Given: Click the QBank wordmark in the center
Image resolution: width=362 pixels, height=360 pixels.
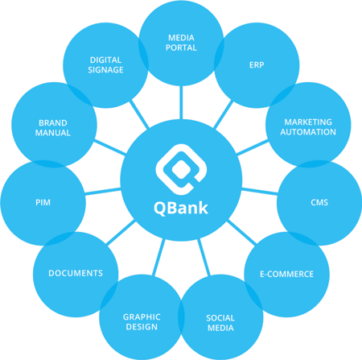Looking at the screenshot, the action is tap(181, 208).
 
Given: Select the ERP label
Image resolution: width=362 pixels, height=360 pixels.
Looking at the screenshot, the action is tap(257, 65).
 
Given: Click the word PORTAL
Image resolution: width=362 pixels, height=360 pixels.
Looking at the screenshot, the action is tap(181, 48).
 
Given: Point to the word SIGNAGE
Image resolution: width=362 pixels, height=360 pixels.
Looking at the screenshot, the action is tap(105, 70).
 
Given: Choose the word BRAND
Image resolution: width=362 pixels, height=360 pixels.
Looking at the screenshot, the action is tap(53, 123).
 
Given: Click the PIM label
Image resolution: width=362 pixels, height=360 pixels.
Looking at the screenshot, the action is tap(43, 202).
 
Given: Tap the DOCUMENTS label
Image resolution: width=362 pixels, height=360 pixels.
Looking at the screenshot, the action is tap(76, 273).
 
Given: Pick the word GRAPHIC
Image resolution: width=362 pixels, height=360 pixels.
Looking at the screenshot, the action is tap(142, 317).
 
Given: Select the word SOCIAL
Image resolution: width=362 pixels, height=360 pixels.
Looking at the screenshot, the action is tap(220, 318).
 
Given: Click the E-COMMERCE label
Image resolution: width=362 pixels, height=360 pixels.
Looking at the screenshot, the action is tap(286, 274).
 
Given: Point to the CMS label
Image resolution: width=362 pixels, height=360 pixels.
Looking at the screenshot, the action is tap(319, 202).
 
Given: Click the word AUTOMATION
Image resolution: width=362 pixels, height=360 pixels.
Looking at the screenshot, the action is tap(308, 132).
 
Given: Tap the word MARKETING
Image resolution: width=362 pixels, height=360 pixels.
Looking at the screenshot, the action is tap(308, 122).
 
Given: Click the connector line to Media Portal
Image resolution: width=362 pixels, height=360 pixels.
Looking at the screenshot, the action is tap(181, 102).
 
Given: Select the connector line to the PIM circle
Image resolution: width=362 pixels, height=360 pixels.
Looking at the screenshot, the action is tap(103, 191).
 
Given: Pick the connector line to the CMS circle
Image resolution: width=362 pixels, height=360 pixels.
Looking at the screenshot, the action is tap(259, 191).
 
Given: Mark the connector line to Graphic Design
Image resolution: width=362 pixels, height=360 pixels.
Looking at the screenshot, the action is tap(158, 257).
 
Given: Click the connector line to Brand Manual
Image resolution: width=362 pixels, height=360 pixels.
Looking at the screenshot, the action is tap(110, 147).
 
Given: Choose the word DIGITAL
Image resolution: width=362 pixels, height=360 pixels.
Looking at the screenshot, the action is tap(105, 60).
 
